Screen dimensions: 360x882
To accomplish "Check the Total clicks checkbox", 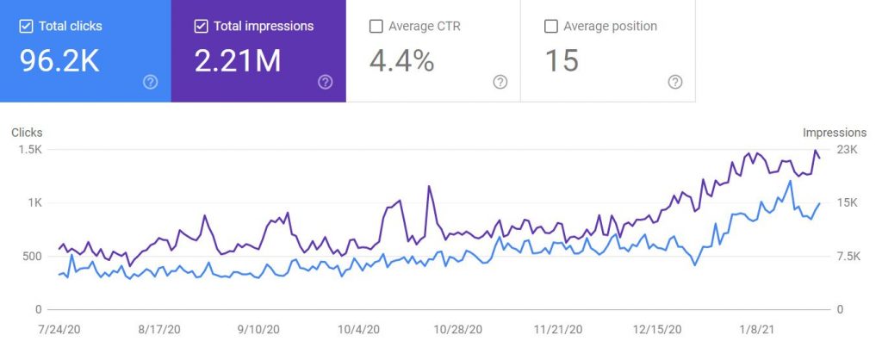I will [x=26, y=27].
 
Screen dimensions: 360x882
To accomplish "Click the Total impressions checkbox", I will [x=201, y=27].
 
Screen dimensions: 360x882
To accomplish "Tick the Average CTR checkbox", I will [x=376, y=27].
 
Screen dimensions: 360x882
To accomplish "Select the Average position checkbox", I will [x=551, y=27].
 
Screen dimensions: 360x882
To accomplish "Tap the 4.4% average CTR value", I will [x=401, y=62].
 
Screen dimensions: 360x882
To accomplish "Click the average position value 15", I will [x=561, y=62].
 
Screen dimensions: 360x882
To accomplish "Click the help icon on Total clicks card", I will [x=150, y=82].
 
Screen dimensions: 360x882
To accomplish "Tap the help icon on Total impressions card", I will [x=325, y=82].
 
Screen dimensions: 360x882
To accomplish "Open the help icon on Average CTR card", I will [x=500, y=82].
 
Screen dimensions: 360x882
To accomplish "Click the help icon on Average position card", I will [x=675, y=82].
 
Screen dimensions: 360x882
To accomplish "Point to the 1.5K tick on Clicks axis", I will [x=28, y=150].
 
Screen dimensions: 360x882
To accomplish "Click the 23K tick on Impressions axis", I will [x=848, y=150].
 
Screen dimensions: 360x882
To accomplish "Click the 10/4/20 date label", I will [x=359, y=329].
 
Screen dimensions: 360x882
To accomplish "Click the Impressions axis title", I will [x=834, y=133].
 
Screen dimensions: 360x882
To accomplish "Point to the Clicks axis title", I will [x=27, y=133].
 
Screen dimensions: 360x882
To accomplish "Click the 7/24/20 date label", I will [x=59, y=329].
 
